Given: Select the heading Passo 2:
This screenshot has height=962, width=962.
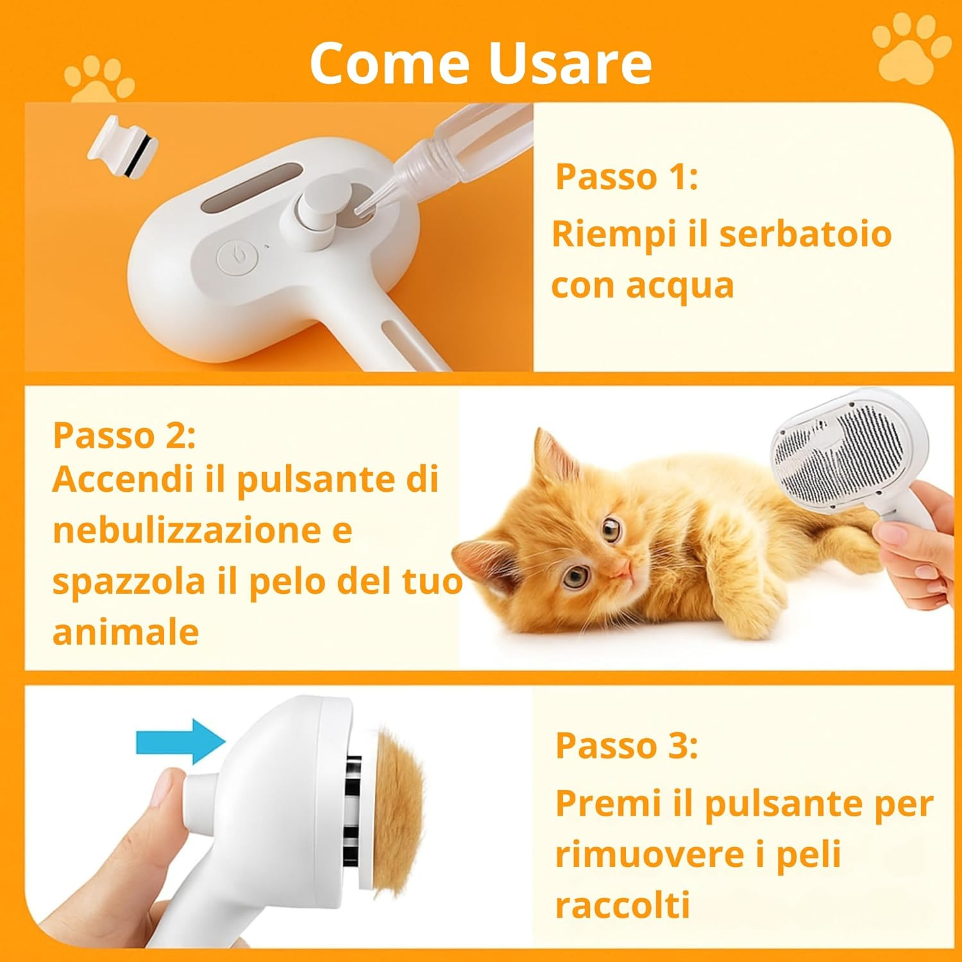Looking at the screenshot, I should (124, 435).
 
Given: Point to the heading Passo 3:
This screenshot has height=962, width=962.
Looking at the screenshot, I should (627, 745).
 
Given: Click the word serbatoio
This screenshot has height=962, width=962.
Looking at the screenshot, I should (805, 233).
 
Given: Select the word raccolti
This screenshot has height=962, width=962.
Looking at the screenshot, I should (623, 905).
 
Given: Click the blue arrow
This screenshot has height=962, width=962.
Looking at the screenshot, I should (180, 742).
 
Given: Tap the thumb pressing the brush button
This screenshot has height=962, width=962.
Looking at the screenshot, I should (168, 798).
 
